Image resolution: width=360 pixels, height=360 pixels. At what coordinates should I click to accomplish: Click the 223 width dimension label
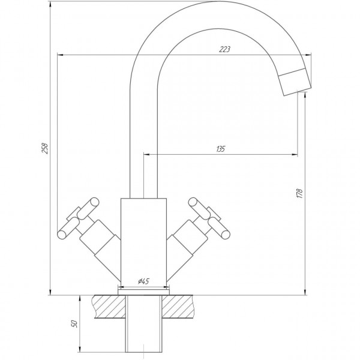[225, 49]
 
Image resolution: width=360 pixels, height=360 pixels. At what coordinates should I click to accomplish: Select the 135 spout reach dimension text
[220, 149]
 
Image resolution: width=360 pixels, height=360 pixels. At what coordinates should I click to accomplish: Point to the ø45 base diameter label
[143, 281]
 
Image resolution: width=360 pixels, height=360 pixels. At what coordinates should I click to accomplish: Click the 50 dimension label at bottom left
[74, 323]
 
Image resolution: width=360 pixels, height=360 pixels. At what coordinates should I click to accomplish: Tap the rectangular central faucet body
[143, 240]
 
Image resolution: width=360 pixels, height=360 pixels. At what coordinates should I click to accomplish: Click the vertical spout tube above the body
[143, 138]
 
